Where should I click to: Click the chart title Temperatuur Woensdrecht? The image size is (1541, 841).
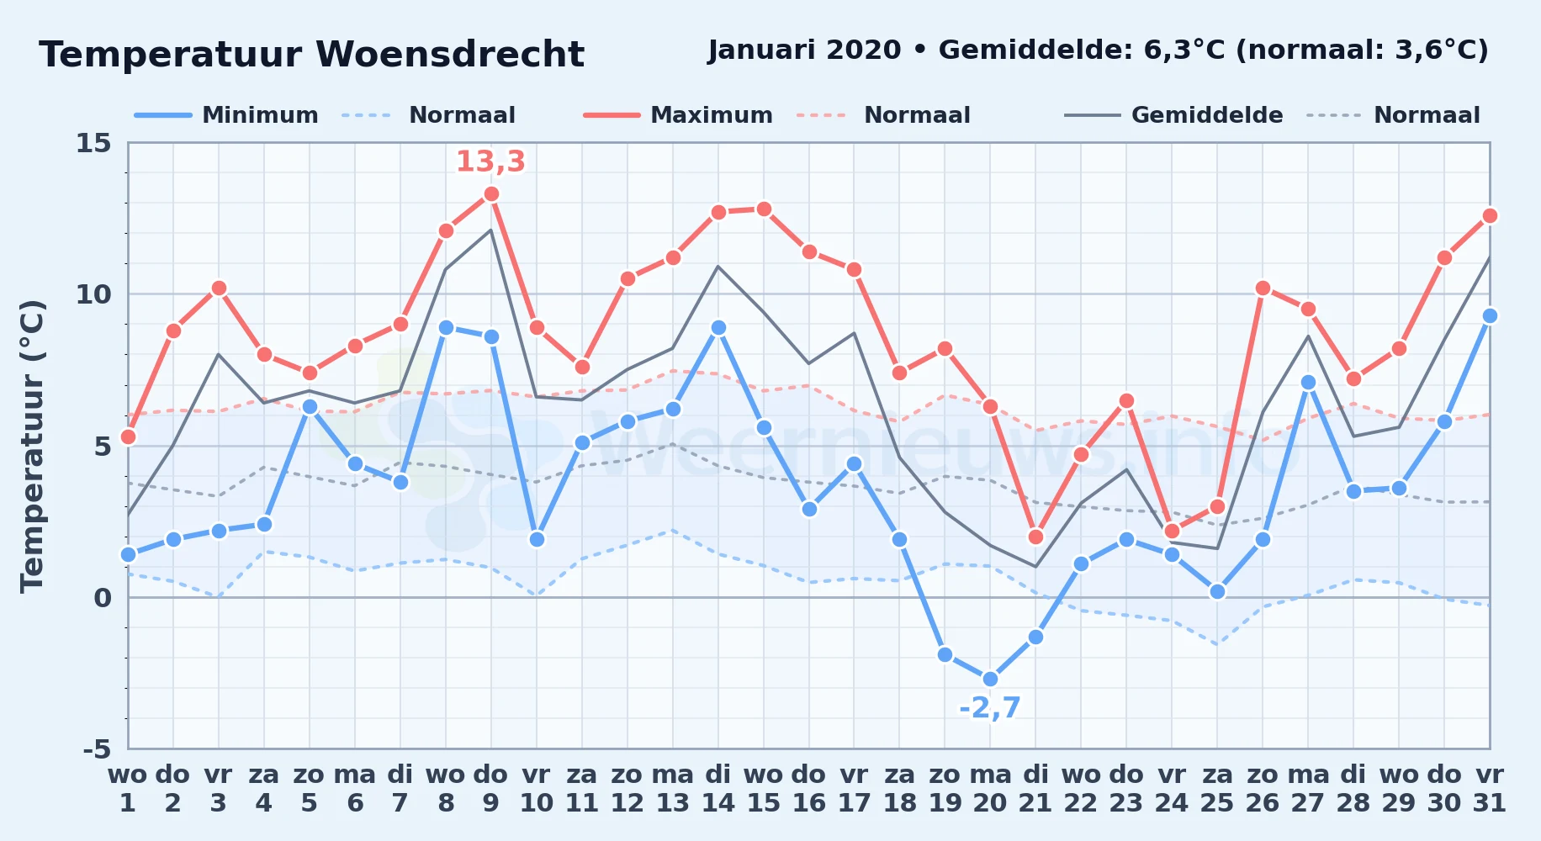click(x=311, y=55)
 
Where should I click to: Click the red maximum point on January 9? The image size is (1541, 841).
click(x=491, y=194)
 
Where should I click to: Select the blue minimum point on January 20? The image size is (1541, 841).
click(x=990, y=679)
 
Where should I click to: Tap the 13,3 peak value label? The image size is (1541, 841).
click(x=490, y=161)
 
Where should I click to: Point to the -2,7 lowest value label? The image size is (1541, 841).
click(x=990, y=708)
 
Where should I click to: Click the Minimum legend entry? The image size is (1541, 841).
click(x=226, y=115)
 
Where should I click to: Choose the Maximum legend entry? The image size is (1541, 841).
click(x=678, y=115)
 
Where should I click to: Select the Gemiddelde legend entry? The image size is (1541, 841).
click(x=1173, y=115)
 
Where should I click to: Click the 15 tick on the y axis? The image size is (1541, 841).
click(x=93, y=143)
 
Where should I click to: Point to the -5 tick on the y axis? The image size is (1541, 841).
click(x=97, y=748)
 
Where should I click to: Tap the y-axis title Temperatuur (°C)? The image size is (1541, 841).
click(x=32, y=446)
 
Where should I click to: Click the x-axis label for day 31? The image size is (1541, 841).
click(x=1489, y=789)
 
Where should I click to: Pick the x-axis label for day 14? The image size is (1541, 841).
click(x=718, y=789)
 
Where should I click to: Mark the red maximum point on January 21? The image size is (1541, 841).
click(x=1035, y=537)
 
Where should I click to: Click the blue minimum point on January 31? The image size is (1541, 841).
click(x=1490, y=315)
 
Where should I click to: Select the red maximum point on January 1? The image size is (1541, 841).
click(x=128, y=436)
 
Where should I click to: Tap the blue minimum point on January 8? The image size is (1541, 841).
click(x=446, y=327)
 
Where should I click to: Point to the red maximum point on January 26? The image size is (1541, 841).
click(x=1263, y=288)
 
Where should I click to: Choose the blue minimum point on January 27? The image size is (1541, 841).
click(x=1308, y=382)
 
